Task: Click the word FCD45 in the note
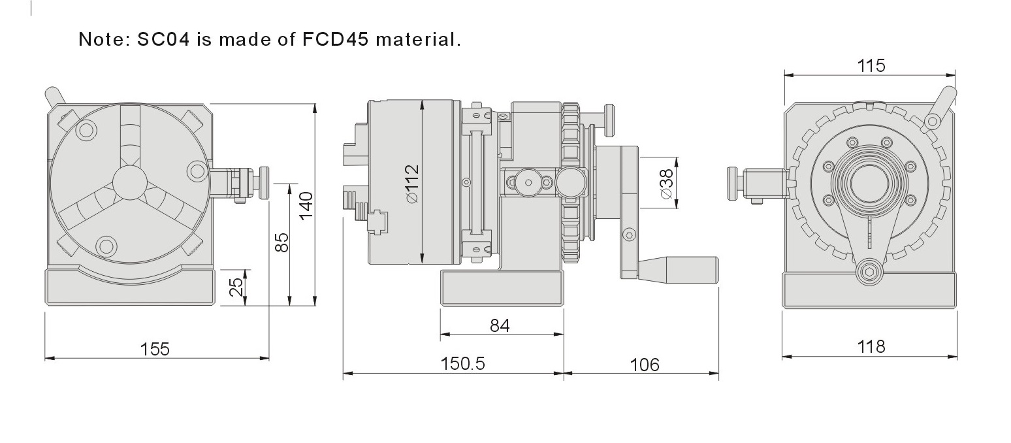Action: click(335, 39)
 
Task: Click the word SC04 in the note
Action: click(163, 39)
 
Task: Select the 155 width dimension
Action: click(155, 349)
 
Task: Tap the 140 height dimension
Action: click(306, 205)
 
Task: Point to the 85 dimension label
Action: click(281, 242)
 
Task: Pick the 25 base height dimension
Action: click(236, 287)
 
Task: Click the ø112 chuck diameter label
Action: click(412, 184)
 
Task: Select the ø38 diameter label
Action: click(666, 184)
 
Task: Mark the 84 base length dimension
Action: click(500, 325)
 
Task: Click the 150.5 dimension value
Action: click(462, 363)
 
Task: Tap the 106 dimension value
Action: click(645, 365)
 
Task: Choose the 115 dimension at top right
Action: click(871, 66)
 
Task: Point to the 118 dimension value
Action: click(871, 347)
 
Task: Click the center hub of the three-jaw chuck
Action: click(130, 182)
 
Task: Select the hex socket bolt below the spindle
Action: click(869, 272)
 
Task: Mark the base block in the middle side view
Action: click(502, 288)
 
